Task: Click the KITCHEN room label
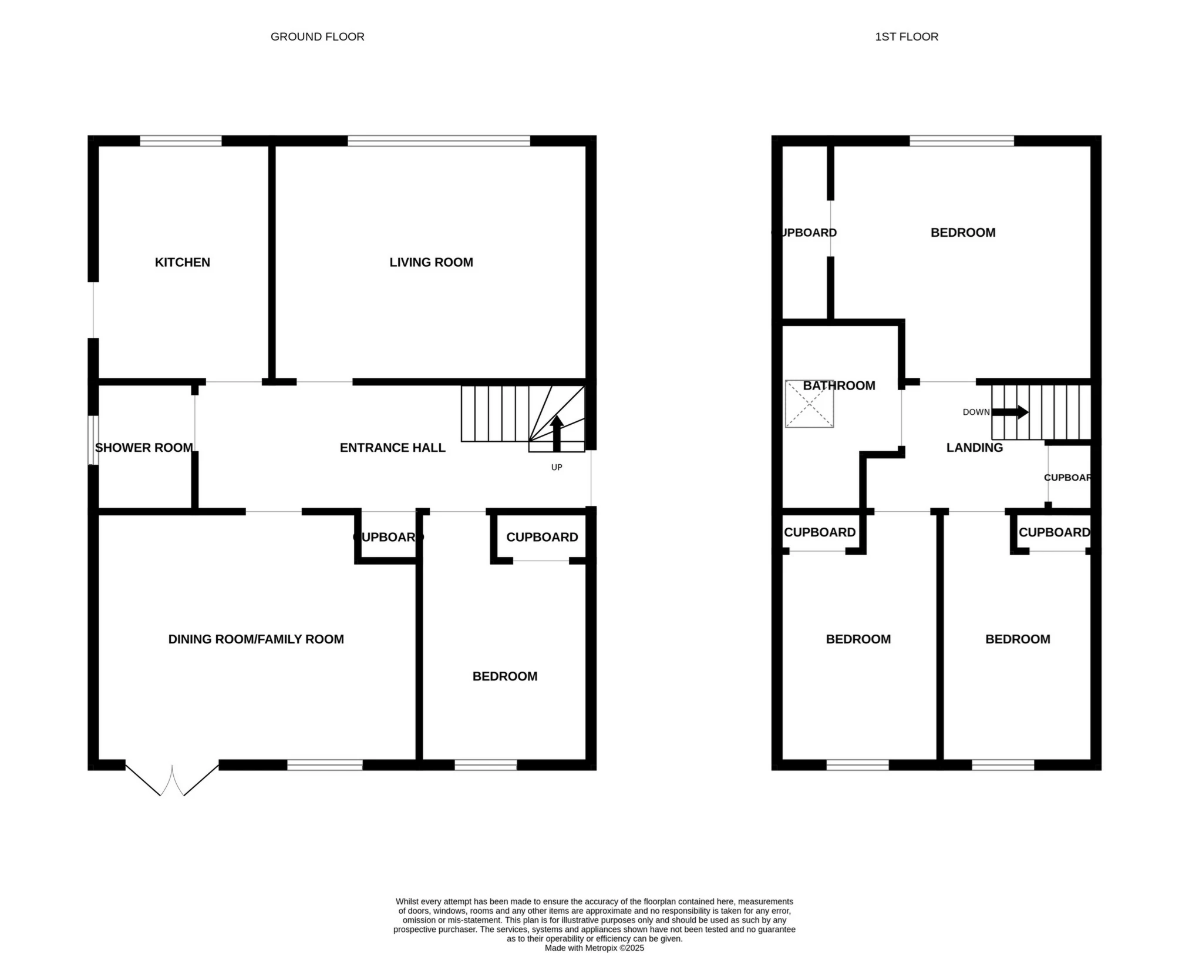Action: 182,262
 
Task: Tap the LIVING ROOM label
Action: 431,262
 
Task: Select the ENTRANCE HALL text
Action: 392,448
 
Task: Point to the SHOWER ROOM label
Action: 144,448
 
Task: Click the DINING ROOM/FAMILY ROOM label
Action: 256,639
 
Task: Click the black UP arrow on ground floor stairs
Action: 557,434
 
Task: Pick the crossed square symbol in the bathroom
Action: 809,404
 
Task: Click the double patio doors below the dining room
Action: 172,780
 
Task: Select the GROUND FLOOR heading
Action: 317,36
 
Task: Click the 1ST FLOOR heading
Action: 907,36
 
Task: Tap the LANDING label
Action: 974,448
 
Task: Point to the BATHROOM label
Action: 838,385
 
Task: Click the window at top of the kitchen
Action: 180,140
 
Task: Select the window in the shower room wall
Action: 93,440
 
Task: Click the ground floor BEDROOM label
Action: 504,676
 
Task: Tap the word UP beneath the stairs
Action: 557,467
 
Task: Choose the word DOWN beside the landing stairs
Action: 976,412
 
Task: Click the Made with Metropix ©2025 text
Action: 594,948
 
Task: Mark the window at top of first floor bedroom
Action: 961,140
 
